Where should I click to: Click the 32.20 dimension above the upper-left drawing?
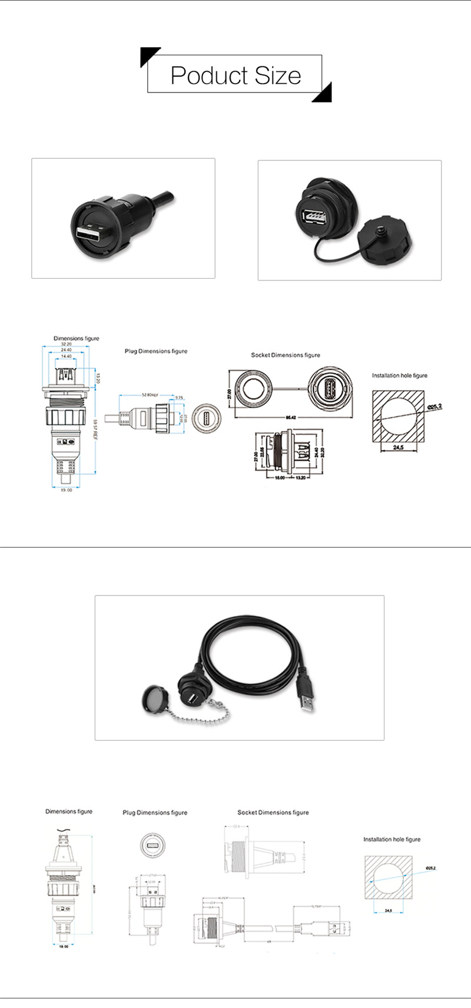click(x=66, y=344)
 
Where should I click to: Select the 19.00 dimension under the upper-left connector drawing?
click(x=66, y=490)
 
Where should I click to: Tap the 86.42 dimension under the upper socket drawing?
click(x=290, y=417)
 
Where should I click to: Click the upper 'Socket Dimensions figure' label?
click(x=286, y=355)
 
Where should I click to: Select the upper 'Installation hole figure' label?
click(x=400, y=375)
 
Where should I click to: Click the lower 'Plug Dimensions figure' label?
click(x=155, y=812)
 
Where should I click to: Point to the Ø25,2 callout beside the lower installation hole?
click(x=430, y=868)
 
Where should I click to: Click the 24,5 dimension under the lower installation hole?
click(x=389, y=910)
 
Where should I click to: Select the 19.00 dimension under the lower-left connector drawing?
click(x=63, y=947)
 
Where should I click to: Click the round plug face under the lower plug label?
click(x=152, y=845)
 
